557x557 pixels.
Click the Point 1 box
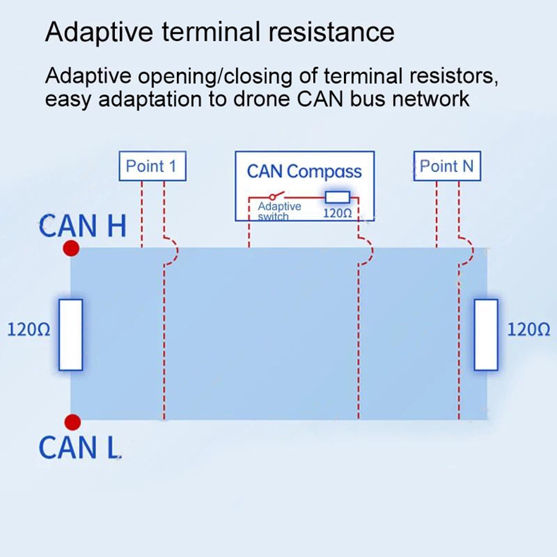pyautogui.click(x=152, y=167)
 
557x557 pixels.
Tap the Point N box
pyautogui.click(x=447, y=166)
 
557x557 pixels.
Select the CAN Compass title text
pyautogui.click(x=304, y=171)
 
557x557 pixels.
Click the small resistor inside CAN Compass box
pyautogui.click(x=337, y=197)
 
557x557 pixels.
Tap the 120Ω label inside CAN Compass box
pyautogui.click(x=337, y=212)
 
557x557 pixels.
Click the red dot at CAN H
pyautogui.click(x=71, y=248)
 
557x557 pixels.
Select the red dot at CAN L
pyautogui.click(x=71, y=422)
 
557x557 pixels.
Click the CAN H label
pyautogui.click(x=82, y=226)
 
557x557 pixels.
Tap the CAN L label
pyautogui.click(x=79, y=446)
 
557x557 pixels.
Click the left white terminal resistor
pyautogui.click(x=71, y=335)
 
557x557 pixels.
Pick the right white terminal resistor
pyautogui.click(x=486, y=335)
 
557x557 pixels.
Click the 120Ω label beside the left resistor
pyautogui.click(x=28, y=329)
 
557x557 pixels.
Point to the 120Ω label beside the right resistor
pyautogui.click(x=529, y=329)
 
